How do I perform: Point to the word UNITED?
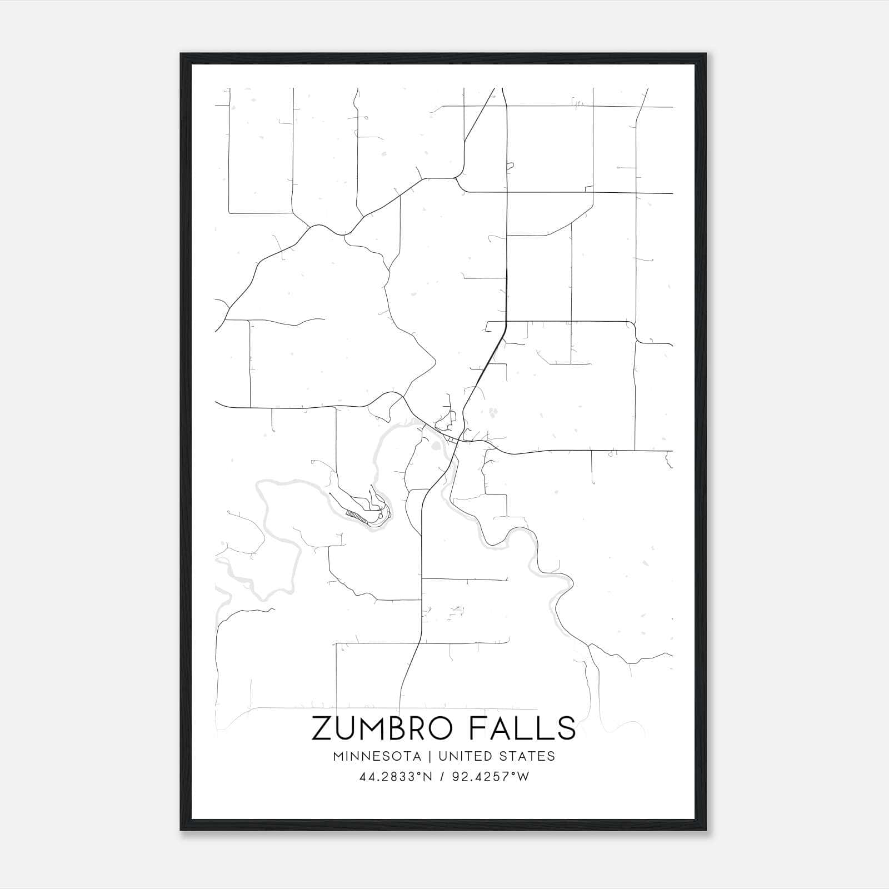tap(463, 756)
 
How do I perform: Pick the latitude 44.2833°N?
tap(396, 777)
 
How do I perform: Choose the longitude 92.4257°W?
tap(490, 777)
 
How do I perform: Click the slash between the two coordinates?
tap(442, 777)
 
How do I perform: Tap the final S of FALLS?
tap(567, 728)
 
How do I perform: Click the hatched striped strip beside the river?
tap(356, 516)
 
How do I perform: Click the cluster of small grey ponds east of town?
tap(493, 412)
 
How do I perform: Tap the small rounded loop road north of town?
tap(453, 416)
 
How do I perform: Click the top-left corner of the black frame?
tap(182, 54)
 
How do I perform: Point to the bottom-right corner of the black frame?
tap(706, 830)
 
